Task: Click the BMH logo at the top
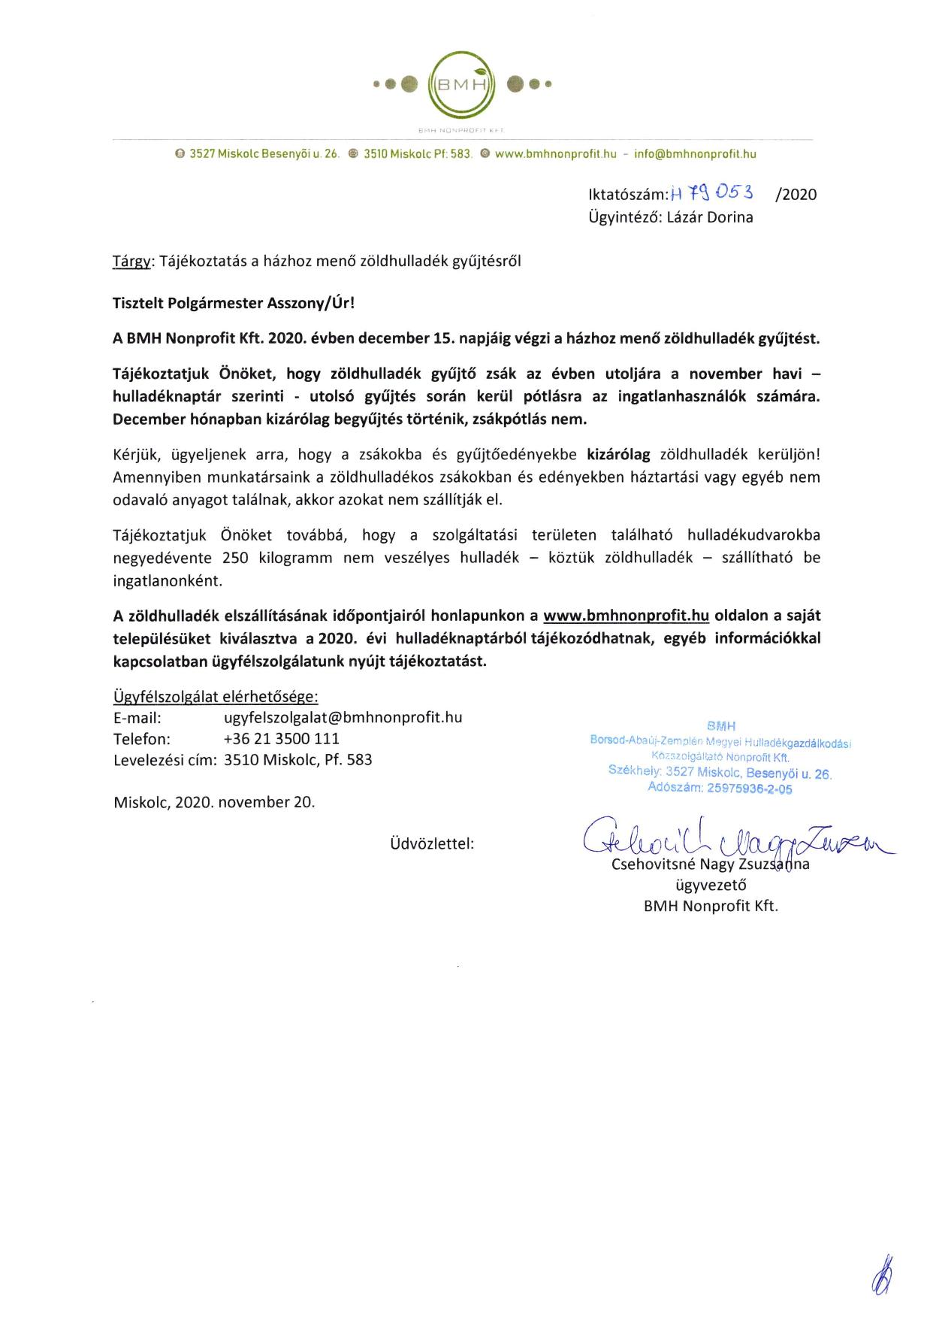point(463,84)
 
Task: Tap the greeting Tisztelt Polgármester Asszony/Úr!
point(233,303)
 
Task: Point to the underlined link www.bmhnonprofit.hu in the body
point(626,616)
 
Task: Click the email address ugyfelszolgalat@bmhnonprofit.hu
point(343,717)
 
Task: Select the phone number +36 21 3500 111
point(282,738)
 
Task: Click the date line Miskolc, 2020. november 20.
point(214,801)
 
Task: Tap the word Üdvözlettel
point(432,843)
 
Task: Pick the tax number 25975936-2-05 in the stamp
point(749,789)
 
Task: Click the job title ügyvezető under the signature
point(711,885)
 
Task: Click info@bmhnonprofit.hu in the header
point(695,154)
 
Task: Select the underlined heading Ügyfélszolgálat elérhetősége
point(216,696)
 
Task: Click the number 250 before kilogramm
point(235,558)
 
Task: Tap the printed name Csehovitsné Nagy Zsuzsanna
point(711,864)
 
